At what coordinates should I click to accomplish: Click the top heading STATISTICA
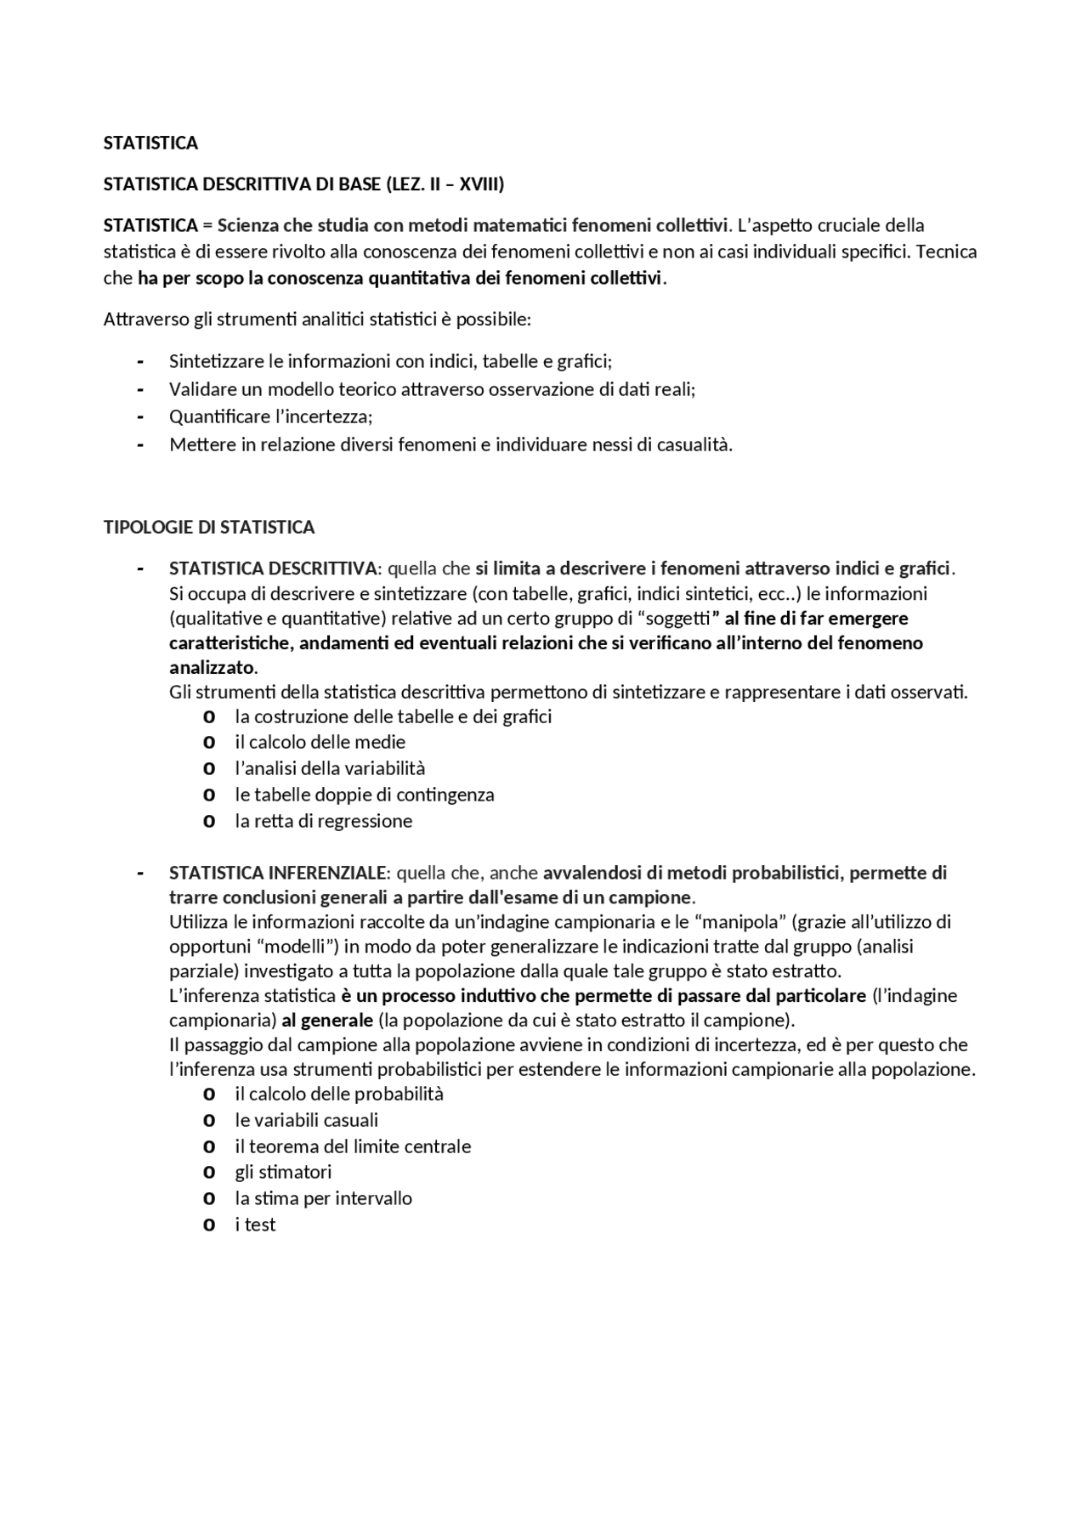tap(150, 143)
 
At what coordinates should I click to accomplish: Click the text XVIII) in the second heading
tap(481, 184)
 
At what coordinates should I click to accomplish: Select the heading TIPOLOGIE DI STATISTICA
tap(209, 527)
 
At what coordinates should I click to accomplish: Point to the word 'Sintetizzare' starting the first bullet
tap(217, 361)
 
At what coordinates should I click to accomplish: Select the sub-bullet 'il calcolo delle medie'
tap(320, 742)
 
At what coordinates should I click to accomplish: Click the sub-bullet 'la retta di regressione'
tap(324, 821)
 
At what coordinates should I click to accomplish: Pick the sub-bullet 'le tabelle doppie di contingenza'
tap(365, 795)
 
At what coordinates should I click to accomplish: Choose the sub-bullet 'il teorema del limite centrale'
tap(353, 1146)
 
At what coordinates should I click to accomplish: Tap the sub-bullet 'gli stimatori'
tap(283, 1172)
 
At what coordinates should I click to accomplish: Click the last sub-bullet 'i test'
tap(256, 1225)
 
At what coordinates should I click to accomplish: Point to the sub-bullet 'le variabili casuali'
tap(307, 1120)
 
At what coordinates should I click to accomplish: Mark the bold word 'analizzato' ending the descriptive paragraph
tap(212, 667)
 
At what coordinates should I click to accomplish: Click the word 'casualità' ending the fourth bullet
tap(694, 444)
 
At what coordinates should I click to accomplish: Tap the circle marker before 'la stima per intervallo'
tap(209, 1199)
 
